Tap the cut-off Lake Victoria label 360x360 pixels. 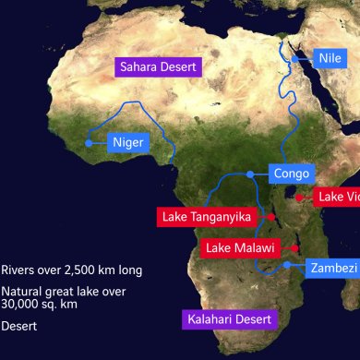[337, 197]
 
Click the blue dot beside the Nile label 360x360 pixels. [295, 58]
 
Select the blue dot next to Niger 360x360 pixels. [89, 143]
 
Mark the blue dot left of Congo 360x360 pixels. [251, 174]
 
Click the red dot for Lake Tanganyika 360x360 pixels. [272, 216]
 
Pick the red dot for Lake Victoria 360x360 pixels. [299, 197]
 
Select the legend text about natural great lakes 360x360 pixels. [60, 295]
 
